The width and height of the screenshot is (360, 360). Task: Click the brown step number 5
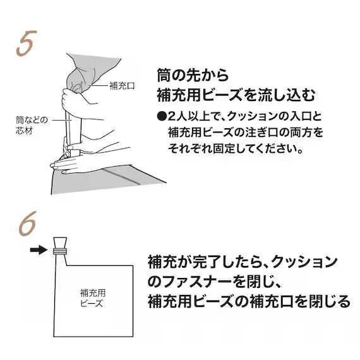coord(27,43)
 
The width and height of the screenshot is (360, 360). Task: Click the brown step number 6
coord(28,223)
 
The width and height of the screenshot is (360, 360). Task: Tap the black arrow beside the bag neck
coord(39,249)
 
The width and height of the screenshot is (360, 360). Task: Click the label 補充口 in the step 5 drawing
coord(122,86)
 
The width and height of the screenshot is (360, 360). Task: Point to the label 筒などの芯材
coord(32,125)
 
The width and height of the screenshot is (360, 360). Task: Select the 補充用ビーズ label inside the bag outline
coord(93,298)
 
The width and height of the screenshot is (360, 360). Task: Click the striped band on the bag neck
coord(60,251)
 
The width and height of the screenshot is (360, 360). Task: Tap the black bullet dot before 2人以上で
coord(162,116)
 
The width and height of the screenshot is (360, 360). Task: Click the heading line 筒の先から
coord(193,75)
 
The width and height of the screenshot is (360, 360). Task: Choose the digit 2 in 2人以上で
coord(172,117)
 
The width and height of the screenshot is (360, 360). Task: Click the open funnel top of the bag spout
coord(60,243)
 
